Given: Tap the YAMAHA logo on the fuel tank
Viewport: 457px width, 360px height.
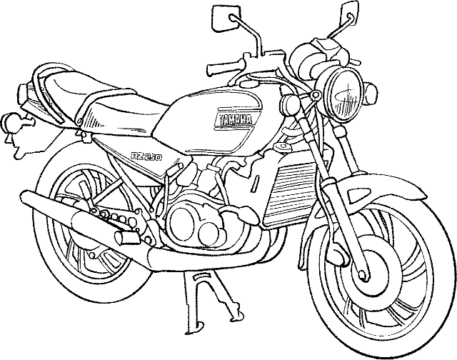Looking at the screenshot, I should [235, 119].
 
